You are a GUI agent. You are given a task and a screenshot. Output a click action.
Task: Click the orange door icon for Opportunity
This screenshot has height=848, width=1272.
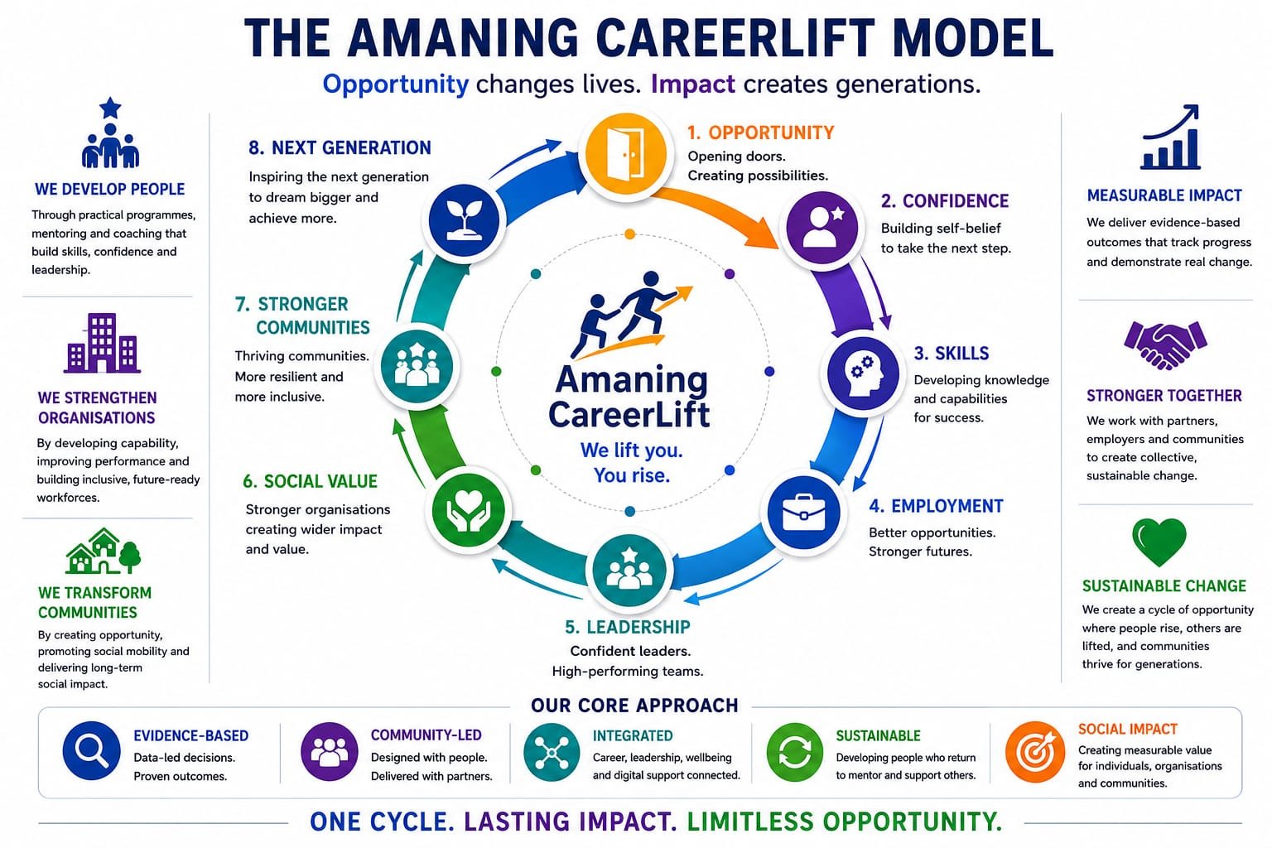pos(626,153)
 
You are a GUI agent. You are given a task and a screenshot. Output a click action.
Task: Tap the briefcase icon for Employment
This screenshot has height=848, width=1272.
pos(803,513)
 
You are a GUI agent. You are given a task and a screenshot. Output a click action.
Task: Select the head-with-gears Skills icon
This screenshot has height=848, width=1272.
pos(863,373)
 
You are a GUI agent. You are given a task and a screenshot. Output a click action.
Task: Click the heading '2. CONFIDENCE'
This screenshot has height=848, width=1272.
pos(945,201)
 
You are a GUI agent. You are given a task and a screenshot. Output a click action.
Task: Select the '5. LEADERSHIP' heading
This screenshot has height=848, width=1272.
pos(628,627)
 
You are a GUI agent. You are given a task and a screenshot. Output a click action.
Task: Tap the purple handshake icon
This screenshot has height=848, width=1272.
pos(1165,344)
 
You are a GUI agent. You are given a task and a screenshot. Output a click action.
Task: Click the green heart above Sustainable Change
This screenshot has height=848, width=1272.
pos(1159,542)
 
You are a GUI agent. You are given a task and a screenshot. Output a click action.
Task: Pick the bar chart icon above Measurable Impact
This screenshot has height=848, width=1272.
pos(1171,137)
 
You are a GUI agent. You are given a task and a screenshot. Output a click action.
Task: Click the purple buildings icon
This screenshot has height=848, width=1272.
pos(102,343)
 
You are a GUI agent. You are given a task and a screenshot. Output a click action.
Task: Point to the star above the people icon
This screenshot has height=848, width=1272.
pos(110,108)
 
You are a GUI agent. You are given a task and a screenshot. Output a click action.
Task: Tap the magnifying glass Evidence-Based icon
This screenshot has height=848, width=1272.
pos(91,751)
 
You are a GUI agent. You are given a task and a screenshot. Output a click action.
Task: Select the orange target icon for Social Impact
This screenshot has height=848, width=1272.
pos(1035,752)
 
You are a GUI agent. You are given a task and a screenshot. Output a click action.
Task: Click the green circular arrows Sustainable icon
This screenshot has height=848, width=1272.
pos(795,752)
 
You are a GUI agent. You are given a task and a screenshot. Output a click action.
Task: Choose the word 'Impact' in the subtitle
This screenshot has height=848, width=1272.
pos(693,84)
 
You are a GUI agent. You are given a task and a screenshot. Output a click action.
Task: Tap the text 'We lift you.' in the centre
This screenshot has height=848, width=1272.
pos(632,450)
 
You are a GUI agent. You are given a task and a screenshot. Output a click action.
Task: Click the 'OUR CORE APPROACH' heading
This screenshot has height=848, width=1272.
pos(634,706)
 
